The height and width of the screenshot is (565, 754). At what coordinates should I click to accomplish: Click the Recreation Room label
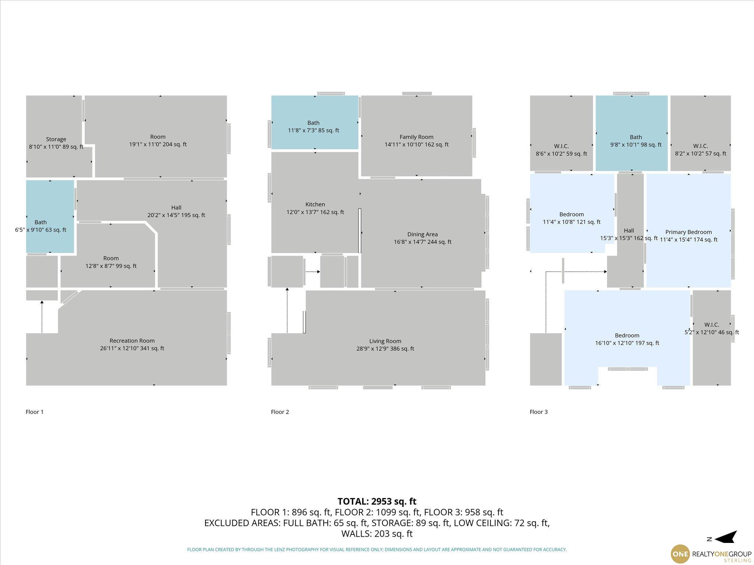pos(132,341)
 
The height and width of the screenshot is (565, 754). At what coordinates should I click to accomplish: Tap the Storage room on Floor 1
pos(55,136)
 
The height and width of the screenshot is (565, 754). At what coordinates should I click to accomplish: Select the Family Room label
pos(416,137)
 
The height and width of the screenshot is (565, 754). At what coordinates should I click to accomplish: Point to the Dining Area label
pos(422,234)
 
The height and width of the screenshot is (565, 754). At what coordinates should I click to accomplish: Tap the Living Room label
pos(385,341)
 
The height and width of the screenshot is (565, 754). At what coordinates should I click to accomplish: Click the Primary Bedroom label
pos(688,232)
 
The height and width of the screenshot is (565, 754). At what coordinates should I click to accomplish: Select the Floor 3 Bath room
pos(631,133)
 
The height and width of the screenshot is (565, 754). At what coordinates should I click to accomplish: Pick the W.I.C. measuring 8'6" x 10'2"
pos(561,133)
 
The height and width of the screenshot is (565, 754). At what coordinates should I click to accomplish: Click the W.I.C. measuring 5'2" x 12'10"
pos(712,338)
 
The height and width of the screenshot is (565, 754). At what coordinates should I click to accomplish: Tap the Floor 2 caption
pos(280,412)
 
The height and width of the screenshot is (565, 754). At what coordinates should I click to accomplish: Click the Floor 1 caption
pos(35,412)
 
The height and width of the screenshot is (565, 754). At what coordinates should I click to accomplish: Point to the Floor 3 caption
pos(539,412)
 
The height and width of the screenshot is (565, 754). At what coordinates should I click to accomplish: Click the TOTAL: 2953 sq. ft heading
pos(377,501)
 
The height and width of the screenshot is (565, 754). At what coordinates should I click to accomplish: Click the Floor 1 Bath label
pos(40,222)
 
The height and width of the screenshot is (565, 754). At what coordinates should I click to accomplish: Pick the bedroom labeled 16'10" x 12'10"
pos(627,338)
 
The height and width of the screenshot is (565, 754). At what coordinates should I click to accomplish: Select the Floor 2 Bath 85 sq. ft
pos(314,122)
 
